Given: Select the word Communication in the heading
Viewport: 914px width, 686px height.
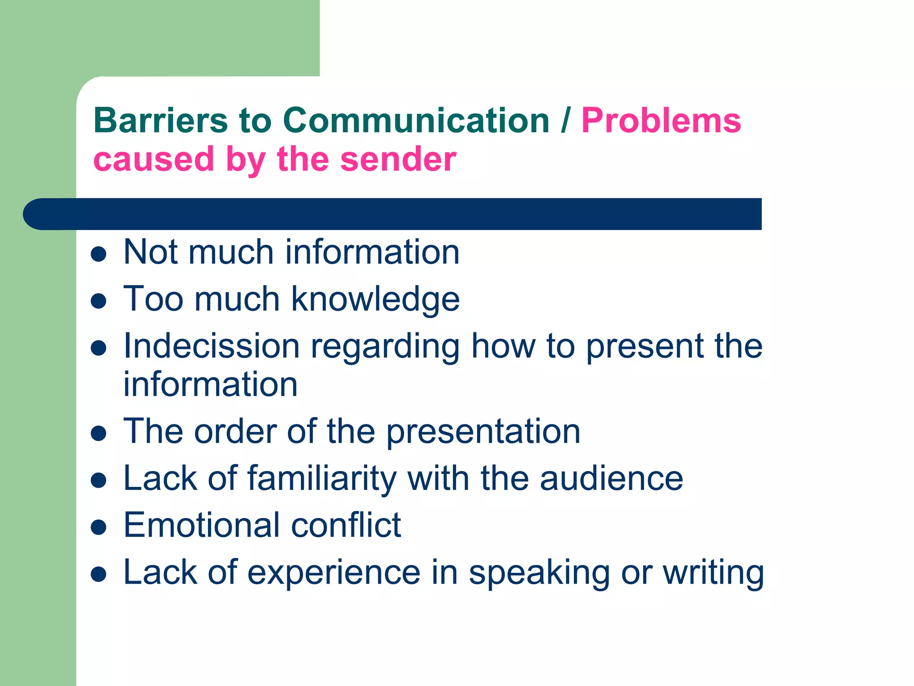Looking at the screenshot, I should (x=416, y=121).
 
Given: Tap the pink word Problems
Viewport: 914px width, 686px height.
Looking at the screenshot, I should (x=661, y=121).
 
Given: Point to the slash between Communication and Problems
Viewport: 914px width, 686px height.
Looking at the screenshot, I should (x=565, y=121).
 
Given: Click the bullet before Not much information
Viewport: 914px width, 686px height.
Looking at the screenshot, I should (x=98, y=255).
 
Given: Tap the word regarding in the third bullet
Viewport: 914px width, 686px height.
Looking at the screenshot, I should (x=385, y=347).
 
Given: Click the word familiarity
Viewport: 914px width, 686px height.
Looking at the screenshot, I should (x=322, y=479).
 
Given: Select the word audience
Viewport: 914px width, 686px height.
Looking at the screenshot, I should (x=611, y=478).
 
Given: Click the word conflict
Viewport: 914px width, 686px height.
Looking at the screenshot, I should (x=346, y=525).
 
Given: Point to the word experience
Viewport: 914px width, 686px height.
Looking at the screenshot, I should (x=334, y=573).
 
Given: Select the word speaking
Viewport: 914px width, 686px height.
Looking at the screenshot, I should (x=539, y=573).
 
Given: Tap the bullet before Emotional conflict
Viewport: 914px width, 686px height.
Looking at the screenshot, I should (x=98, y=527).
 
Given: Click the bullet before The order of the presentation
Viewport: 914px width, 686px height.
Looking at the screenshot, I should (x=98, y=433).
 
